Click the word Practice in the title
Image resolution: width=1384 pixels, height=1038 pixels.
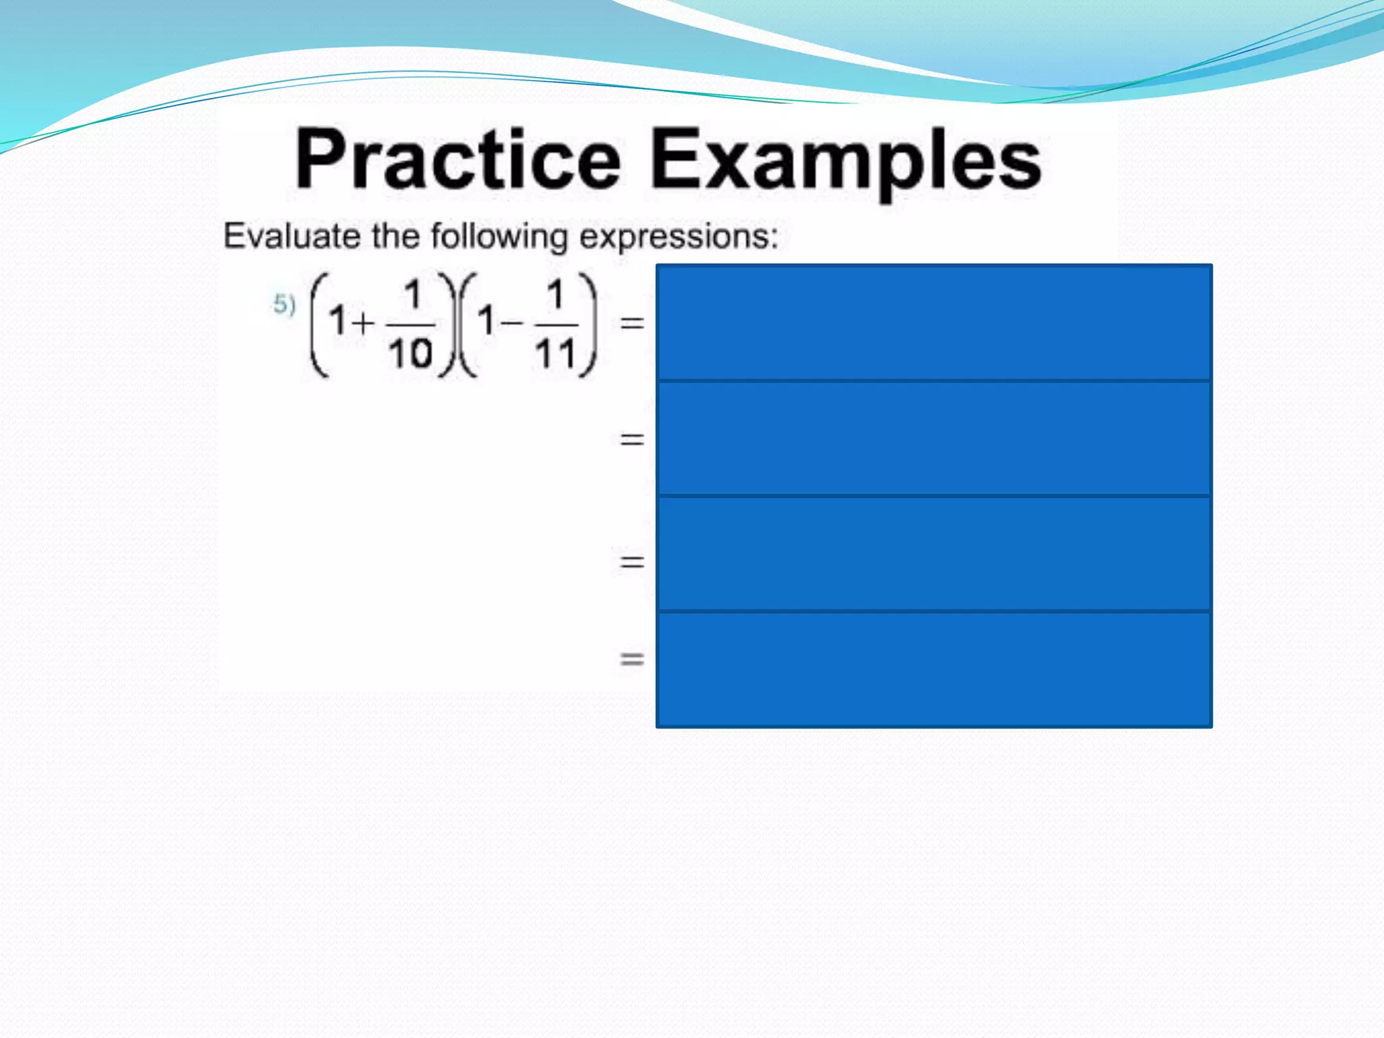tap(458, 160)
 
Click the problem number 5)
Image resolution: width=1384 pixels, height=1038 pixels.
tap(285, 305)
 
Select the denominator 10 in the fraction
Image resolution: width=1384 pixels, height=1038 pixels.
tap(410, 354)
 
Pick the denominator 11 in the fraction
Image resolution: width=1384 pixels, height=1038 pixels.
tap(555, 354)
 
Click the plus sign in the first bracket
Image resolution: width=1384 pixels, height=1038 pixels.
tap(363, 322)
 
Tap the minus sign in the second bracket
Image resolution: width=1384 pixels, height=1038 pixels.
tap(512, 322)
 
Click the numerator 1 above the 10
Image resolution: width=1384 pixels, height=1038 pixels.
tap(412, 295)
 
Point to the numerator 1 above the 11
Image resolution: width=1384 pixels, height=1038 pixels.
tap(555, 295)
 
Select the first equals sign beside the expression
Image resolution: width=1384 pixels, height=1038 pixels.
tap(632, 324)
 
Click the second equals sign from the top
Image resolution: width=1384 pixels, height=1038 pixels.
tap(632, 440)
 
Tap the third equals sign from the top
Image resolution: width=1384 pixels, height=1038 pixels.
tap(632, 562)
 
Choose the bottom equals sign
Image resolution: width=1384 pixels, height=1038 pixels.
tap(632, 659)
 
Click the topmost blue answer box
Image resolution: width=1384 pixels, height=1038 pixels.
tap(934, 323)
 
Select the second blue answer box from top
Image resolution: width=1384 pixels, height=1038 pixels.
tap(934, 439)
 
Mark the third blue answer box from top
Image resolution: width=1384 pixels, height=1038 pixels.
tap(934, 554)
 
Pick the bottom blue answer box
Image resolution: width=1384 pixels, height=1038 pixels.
tap(934, 670)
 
